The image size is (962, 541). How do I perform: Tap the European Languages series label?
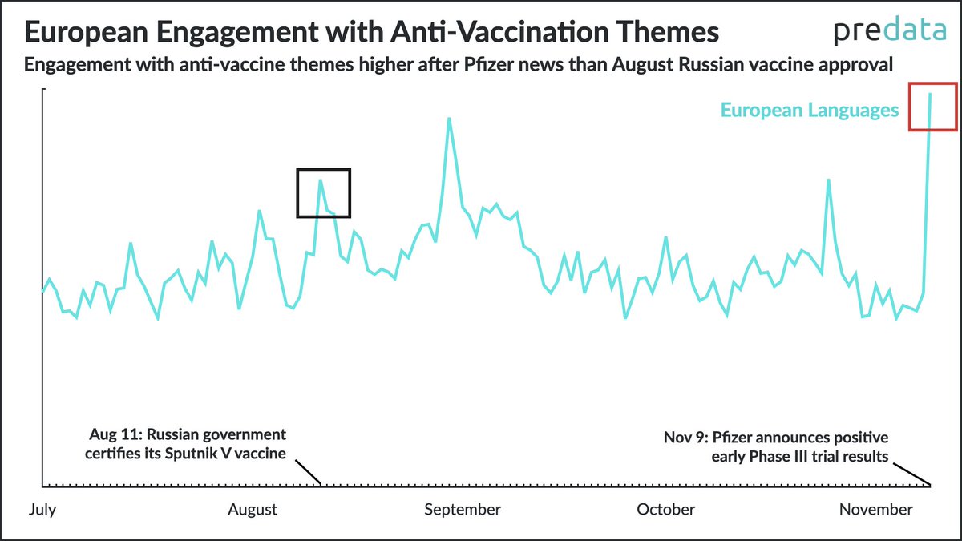point(809,111)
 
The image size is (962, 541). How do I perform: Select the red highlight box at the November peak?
point(932,106)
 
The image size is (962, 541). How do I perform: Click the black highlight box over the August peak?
point(324,192)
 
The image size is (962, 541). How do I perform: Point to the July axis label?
point(42,510)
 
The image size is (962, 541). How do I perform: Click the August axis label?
point(253,510)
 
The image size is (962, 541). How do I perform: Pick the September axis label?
point(463,510)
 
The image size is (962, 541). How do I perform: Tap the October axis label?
point(665,510)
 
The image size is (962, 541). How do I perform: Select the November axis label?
point(875,510)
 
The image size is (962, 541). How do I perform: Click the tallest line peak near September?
point(449,119)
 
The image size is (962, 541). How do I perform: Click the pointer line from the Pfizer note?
point(912,473)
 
